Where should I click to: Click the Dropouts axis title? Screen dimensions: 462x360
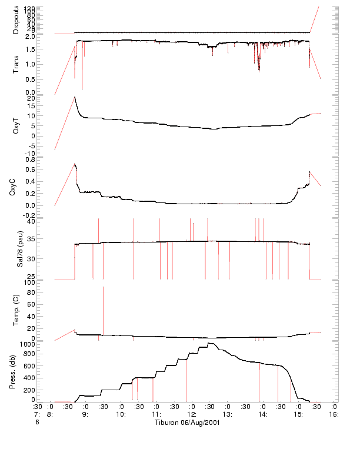pyautogui.click(x=15, y=19)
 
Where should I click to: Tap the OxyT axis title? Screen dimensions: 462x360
pyautogui.click(x=15, y=125)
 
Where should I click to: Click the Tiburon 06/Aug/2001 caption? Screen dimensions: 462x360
pyautogui.click(x=187, y=423)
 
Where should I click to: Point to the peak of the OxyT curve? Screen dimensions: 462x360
pyautogui.click(x=74, y=97)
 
